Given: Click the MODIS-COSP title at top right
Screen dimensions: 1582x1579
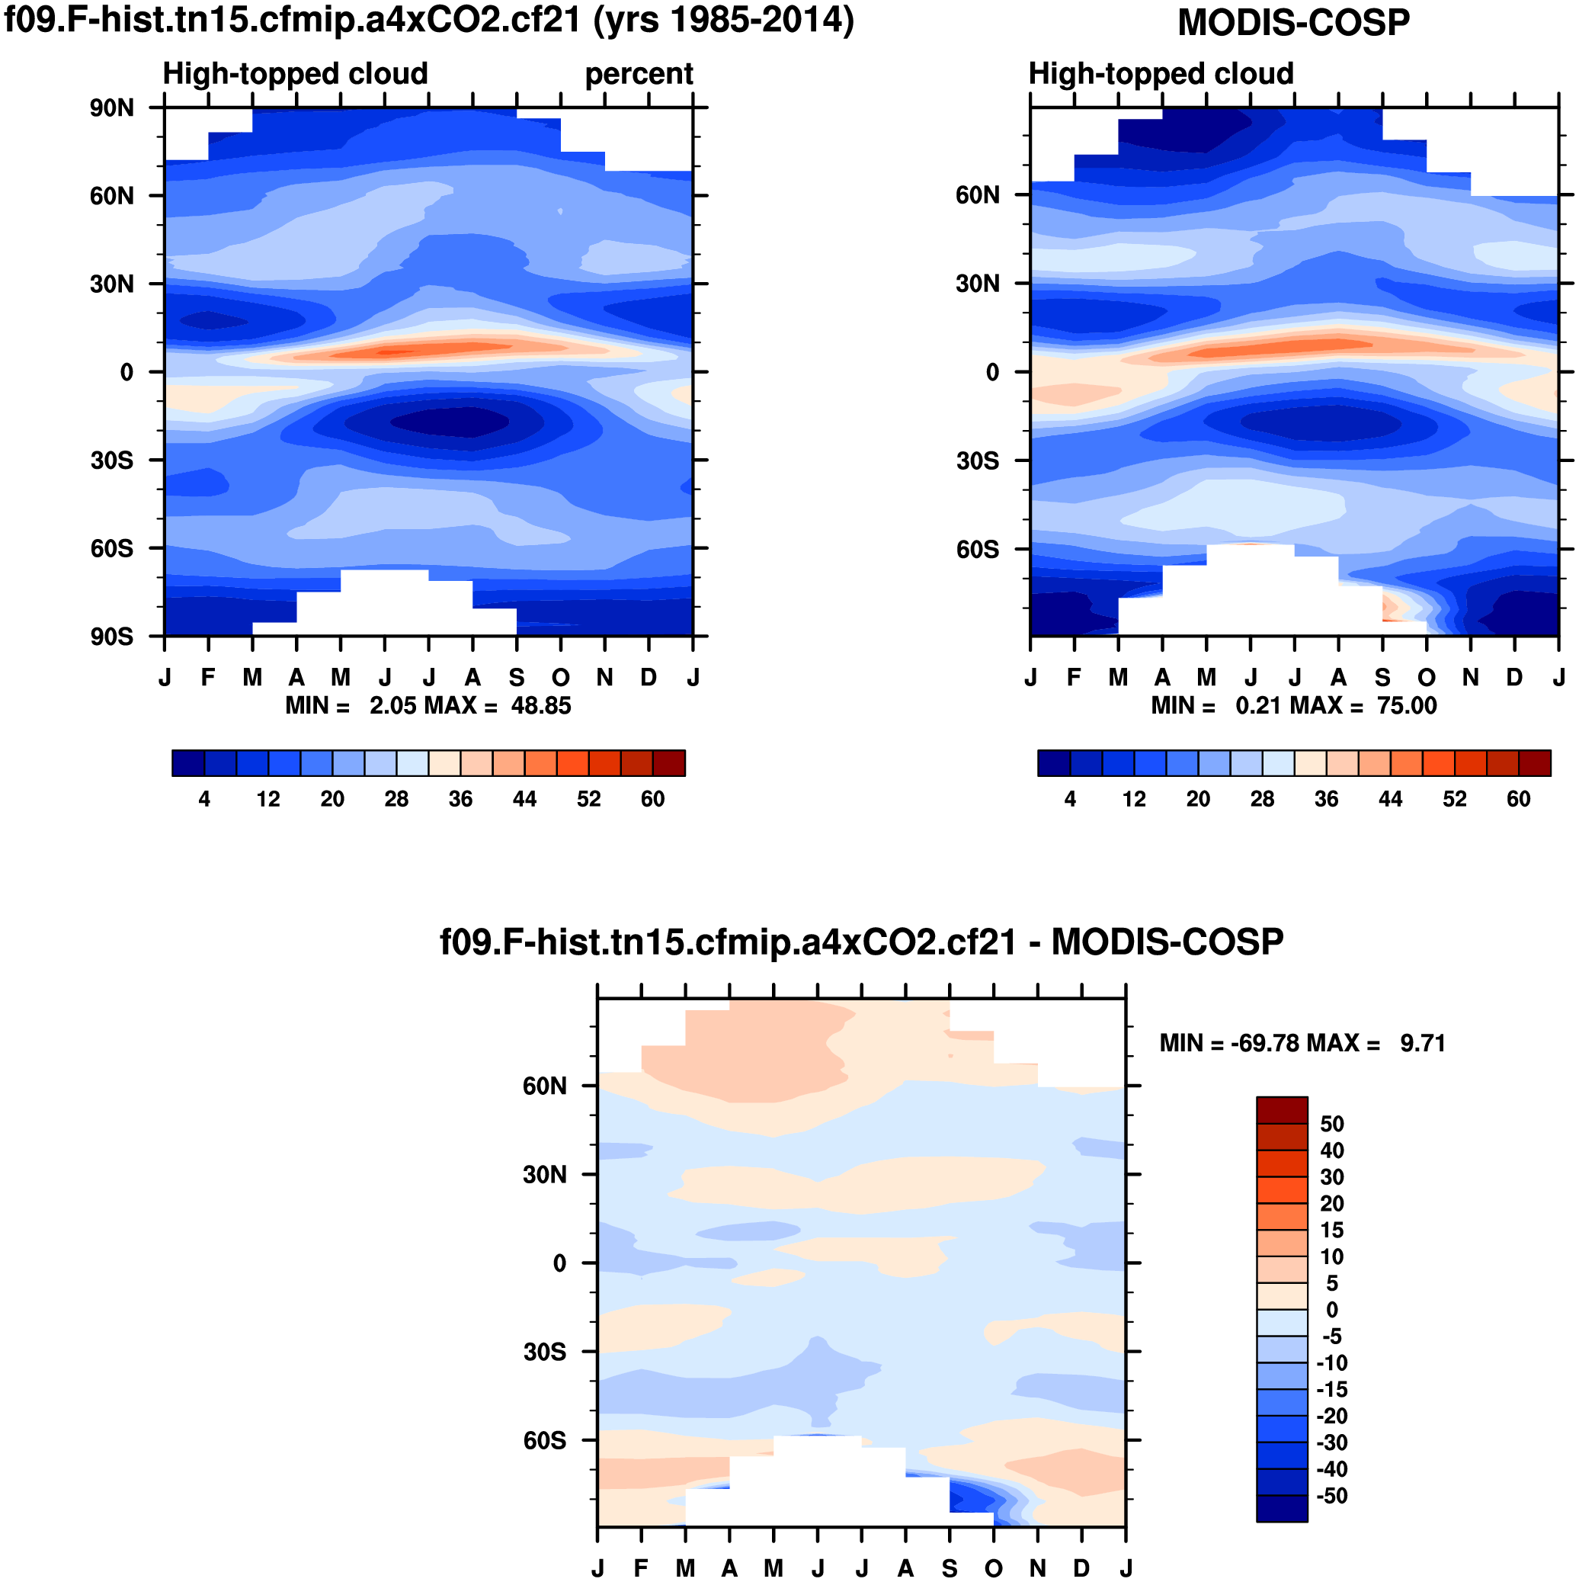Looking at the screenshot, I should coord(1293,23).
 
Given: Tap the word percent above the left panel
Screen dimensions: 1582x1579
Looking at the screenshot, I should coord(639,74).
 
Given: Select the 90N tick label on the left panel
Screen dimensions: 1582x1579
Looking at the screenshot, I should coord(112,107).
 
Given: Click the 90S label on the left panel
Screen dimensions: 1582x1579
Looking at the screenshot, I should coord(112,637).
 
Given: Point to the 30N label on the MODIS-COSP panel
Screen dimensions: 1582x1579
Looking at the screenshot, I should coord(978,284).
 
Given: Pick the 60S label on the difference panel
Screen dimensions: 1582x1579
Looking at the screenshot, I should coord(545,1439).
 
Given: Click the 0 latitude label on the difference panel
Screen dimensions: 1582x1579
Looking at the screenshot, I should coord(560,1263).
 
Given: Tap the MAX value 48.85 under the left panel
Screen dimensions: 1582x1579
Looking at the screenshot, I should coord(541,705).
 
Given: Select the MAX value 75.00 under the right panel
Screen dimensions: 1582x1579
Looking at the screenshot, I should coord(1406,705).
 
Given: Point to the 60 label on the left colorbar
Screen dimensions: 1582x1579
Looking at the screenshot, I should coord(652,799).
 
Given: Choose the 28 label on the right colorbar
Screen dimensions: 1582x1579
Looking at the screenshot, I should coord(1262,799).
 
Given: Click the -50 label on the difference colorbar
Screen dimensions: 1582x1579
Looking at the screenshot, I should coord(1332,1496).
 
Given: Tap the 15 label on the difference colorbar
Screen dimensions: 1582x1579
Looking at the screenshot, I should coord(1332,1230).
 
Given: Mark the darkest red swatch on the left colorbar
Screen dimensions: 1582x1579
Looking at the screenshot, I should coord(669,763).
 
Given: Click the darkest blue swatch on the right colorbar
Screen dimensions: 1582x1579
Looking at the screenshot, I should coord(1053,763).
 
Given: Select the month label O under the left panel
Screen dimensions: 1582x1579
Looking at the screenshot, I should coord(561,678).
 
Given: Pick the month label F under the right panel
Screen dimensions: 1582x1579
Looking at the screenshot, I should coord(1074,678).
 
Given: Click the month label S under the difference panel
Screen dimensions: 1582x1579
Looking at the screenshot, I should coord(950,1568).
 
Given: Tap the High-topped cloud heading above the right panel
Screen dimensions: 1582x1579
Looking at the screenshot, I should coord(1161,74).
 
